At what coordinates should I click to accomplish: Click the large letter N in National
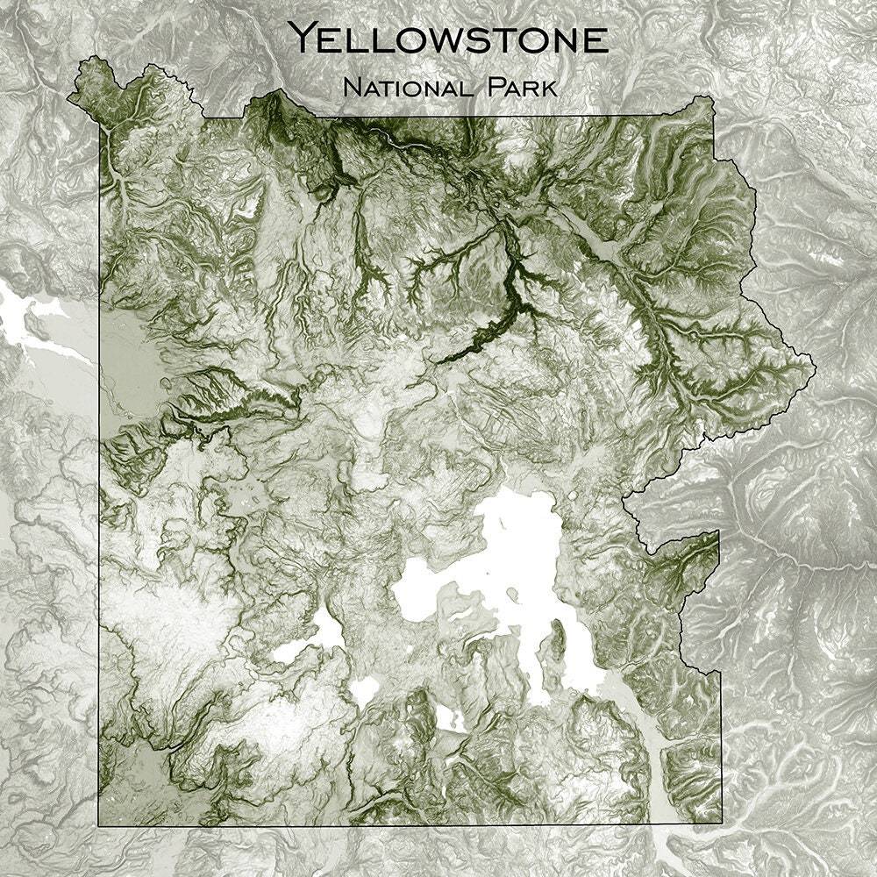coord(353,88)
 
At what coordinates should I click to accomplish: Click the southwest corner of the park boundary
coord(98,825)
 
